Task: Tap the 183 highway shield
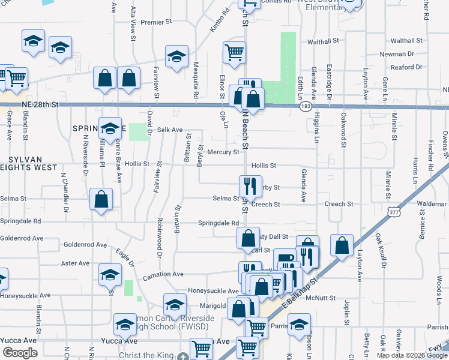point(306,106)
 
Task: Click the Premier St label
point(156,22)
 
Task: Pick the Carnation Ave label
point(163,274)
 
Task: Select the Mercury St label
point(223,152)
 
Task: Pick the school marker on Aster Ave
point(110,274)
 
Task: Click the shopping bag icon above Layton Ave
point(342,244)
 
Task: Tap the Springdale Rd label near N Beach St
point(218,223)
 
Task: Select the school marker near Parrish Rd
point(299,324)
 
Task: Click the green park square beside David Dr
point(139,131)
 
